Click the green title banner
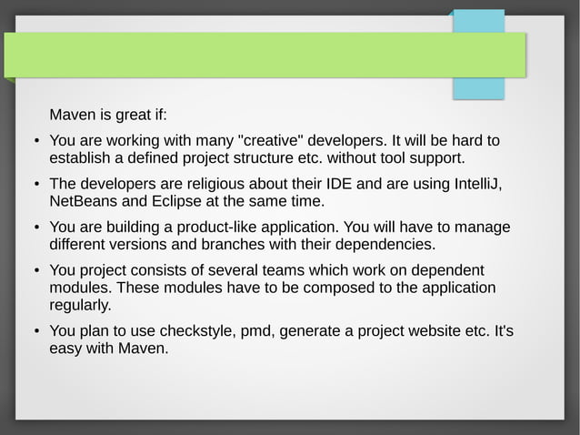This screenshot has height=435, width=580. tap(264, 56)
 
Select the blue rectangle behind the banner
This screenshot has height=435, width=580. tap(478, 88)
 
